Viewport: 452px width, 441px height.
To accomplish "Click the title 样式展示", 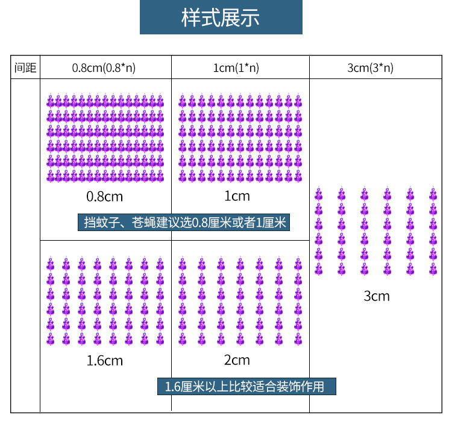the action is [221, 17].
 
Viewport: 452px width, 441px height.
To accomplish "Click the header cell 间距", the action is [25, 68].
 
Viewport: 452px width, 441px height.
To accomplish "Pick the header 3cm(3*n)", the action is [371, 68].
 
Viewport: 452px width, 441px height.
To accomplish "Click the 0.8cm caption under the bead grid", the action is [105, 196].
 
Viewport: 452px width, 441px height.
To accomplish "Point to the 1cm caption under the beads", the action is [237, 196].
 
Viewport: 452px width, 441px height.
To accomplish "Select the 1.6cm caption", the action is [105, 361].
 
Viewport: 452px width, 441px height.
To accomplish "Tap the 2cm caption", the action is [237, 360].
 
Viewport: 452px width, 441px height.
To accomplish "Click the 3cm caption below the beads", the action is [377, 296].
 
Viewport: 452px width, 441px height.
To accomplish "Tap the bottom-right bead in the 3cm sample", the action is [433, 268].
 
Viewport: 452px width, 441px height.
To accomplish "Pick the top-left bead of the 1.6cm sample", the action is [51, 264].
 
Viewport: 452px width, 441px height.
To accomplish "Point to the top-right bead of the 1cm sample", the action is [298, 100].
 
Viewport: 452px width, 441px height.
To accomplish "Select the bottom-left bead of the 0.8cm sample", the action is [51, 176].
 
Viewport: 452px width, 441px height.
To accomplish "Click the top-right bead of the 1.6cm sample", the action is [160, 264].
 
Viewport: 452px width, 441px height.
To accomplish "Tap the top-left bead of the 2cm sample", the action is [182, 264].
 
